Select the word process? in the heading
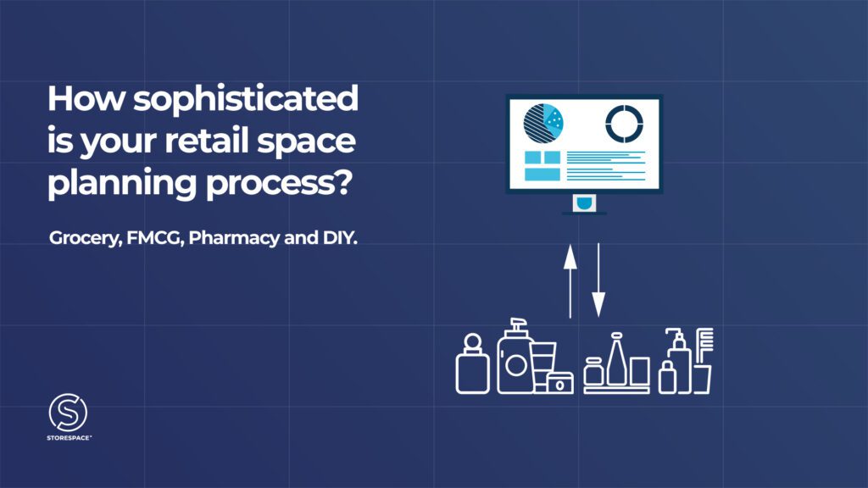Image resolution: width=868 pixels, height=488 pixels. [x=279, y=183]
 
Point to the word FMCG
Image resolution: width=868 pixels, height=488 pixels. [x=155, y=238]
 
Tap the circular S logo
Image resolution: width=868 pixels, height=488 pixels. [x=68, y=413]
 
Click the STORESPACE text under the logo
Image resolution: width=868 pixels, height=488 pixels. [x=70, y=438]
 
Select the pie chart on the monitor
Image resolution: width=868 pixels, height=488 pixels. [x=543, y=123]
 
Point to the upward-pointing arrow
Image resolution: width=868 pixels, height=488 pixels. [x=570, y=281]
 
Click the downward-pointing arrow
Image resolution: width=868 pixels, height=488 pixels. [x=598, y=280]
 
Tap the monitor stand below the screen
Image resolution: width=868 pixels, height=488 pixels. [x=584, y=204]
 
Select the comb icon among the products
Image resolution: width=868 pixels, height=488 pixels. [x=704, y=347]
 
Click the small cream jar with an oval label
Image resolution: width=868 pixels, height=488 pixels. [x=559, y=383]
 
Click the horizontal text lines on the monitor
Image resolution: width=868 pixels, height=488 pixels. [x=606, y=165]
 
